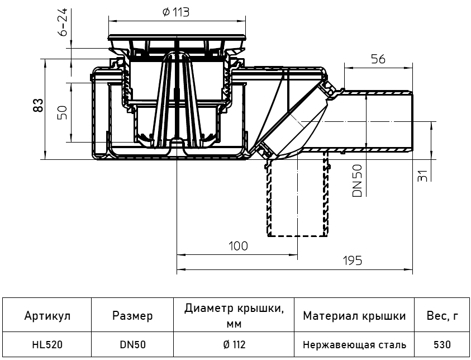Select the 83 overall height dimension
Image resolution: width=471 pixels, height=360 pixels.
pos(38,105)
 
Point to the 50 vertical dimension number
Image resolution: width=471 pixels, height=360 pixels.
pos(63,112)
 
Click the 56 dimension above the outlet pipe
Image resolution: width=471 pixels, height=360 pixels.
pos(378,59)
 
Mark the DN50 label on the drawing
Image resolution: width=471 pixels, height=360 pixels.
pos(358,181)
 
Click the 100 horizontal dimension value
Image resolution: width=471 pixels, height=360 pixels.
pos(237,246)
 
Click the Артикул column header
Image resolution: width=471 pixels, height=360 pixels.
pos(47,316)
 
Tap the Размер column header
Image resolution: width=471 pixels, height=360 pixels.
pos(132,316)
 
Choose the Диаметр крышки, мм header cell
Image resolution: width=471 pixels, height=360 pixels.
pos(231,316)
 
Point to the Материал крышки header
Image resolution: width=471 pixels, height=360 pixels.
pos(354,316)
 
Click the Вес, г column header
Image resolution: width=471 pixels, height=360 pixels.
pos(443,316)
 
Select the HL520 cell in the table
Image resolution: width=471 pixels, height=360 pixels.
pos(47,345)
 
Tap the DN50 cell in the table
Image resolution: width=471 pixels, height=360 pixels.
pos(132,345)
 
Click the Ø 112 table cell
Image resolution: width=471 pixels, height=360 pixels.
pos(231,345)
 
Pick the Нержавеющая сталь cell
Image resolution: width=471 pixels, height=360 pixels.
pos(354,345)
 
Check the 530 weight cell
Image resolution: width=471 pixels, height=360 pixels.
pos(443,345)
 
